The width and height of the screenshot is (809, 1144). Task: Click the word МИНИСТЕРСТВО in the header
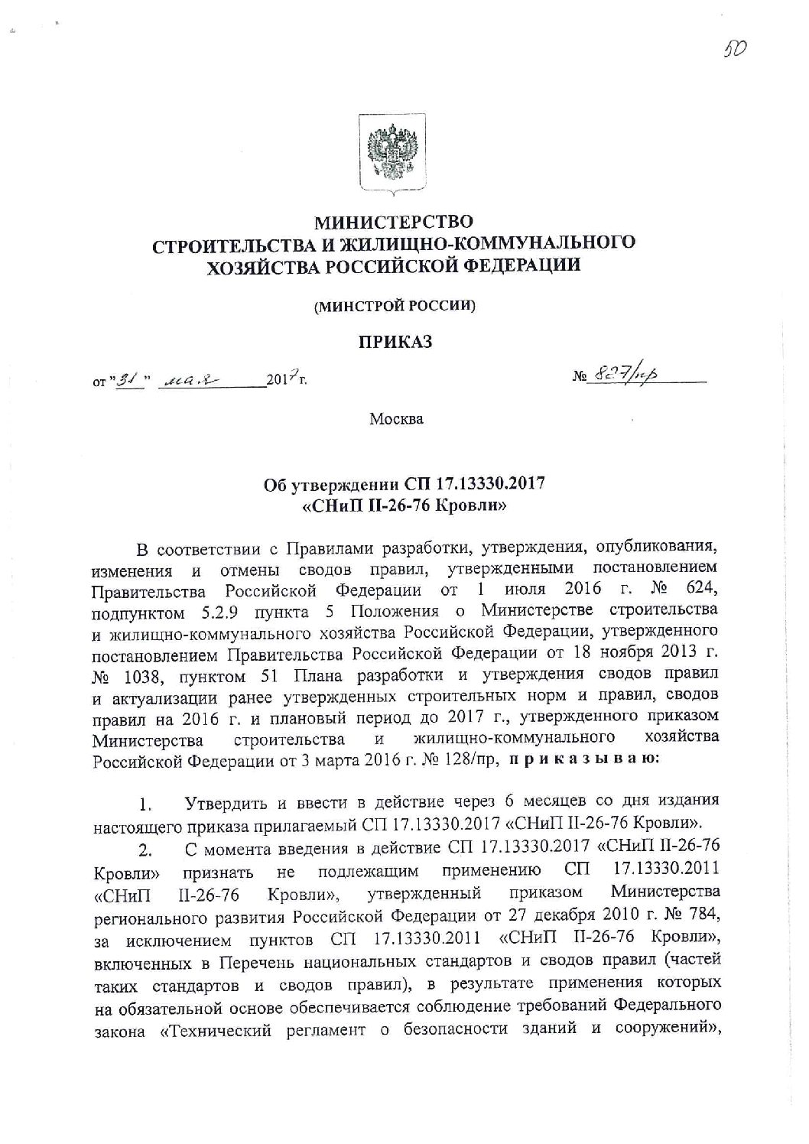(x=395, y=223)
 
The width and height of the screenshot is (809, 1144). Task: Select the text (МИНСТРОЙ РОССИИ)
(x=395, y=306)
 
